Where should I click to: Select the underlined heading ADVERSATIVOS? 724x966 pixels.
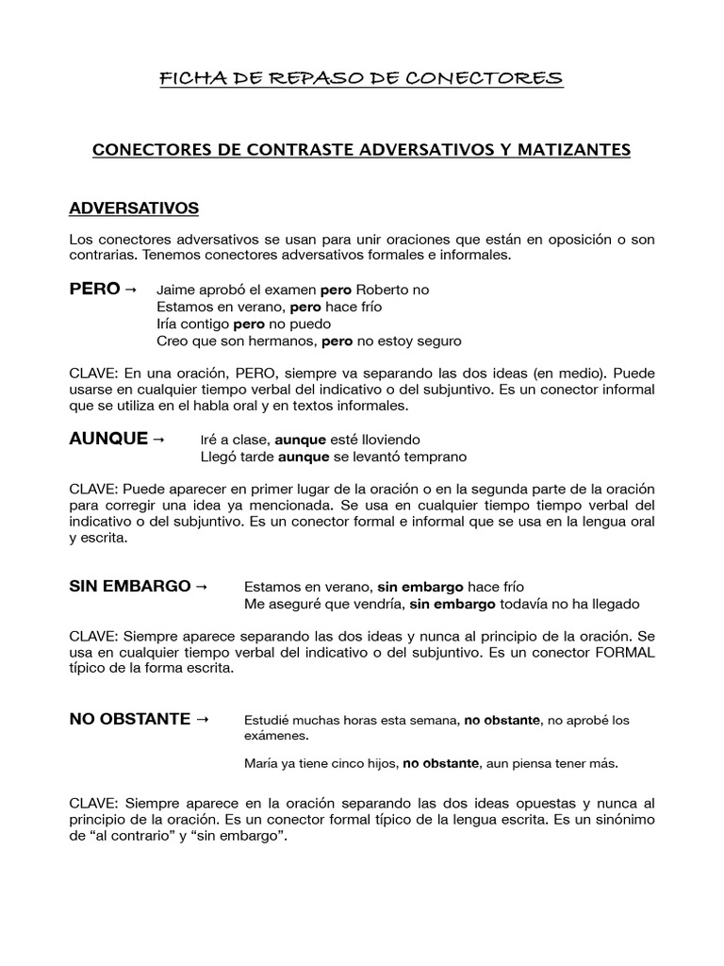134,207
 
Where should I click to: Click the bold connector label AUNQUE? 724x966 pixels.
109,439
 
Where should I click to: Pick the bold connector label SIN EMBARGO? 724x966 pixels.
130,586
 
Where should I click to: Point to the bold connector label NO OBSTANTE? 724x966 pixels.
130,719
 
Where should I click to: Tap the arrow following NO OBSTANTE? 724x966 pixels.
202,719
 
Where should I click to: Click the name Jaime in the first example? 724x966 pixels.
176,290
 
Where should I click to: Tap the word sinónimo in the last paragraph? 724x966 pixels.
621,820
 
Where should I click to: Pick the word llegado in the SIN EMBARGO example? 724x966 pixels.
613,604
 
